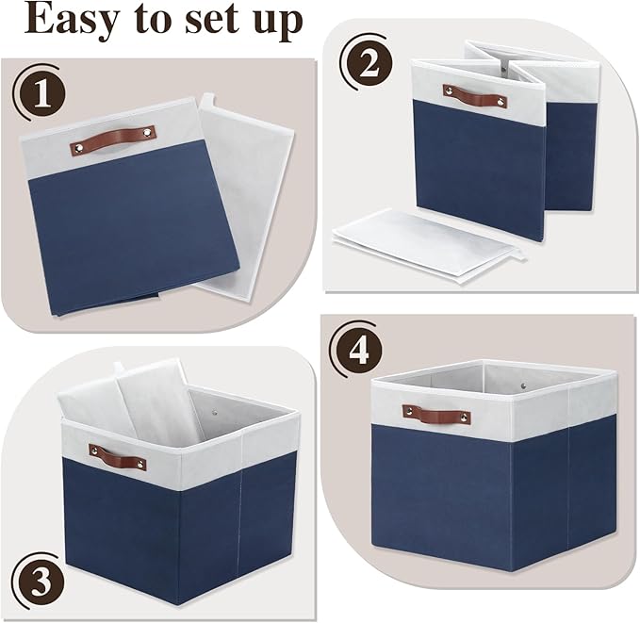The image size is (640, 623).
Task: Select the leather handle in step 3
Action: click(118, 457)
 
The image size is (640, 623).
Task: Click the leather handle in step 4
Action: click(436, 414)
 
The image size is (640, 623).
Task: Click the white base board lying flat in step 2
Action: click(424, 241)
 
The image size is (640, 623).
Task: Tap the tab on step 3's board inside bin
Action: click(119, 367)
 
